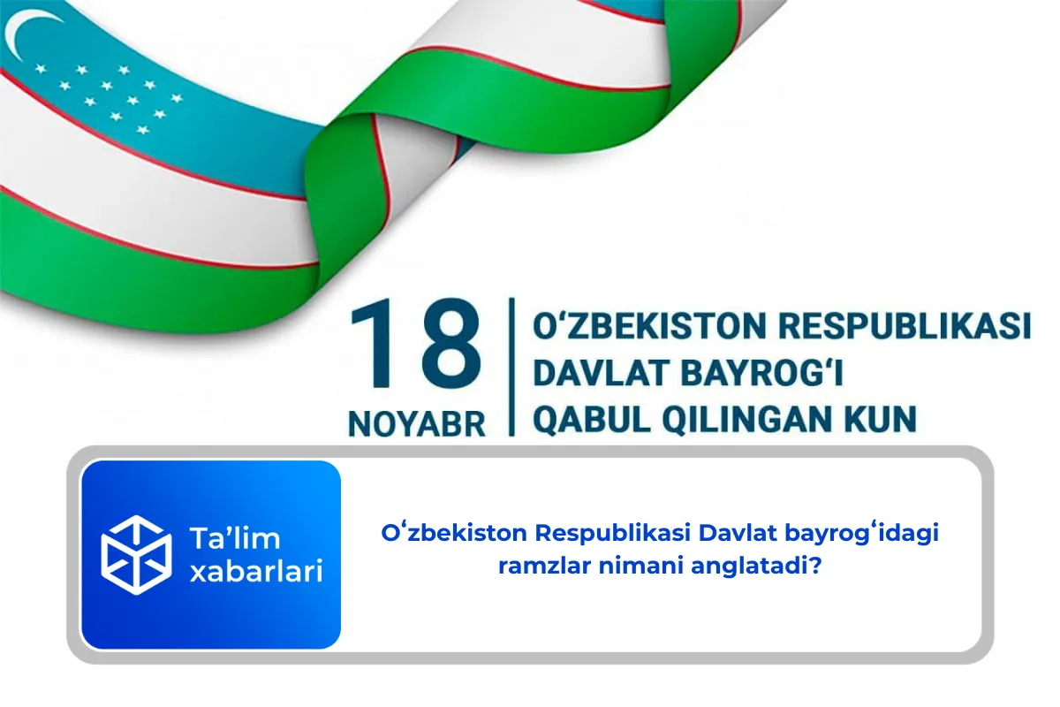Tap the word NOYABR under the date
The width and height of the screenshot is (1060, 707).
pos(417,422)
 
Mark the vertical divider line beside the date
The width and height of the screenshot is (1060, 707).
pos(511,367)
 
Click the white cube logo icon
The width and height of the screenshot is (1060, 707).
pos(135,555)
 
